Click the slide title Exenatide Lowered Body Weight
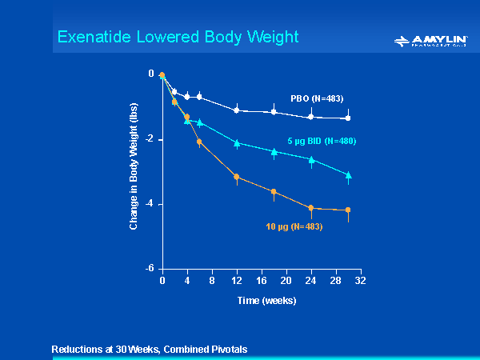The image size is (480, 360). [178, 37]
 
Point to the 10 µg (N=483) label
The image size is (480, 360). [294, 226]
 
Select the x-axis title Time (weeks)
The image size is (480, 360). [266, 301]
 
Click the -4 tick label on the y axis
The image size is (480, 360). [150, 205]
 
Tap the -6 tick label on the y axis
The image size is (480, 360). [150, 270]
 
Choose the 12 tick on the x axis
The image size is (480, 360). [236, 282]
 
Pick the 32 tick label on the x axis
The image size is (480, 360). [360, 282]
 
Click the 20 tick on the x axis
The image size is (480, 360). [286, 282]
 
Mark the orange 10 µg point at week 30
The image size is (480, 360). [347, 210]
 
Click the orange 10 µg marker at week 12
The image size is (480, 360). [236, 177]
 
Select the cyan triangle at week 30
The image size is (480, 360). [347, 174]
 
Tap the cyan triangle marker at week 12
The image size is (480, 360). [236, 143]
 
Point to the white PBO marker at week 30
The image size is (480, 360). [347, 118]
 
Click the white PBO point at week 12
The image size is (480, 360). [236, 110]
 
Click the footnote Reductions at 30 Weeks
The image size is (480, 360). [150, 350]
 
